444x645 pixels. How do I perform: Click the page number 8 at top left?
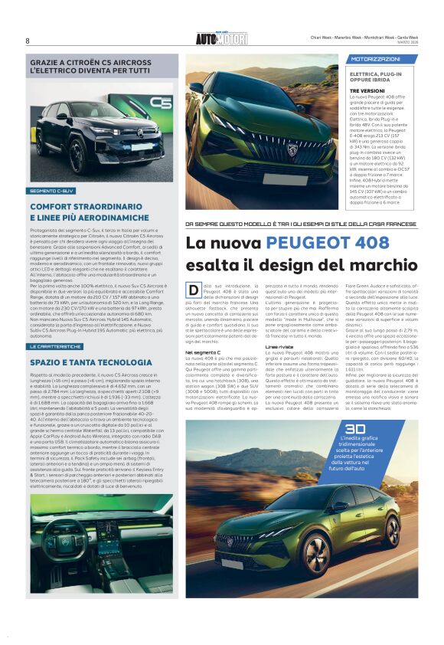(x=27, y=41)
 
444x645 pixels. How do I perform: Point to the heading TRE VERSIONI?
(x=367, y=90)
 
